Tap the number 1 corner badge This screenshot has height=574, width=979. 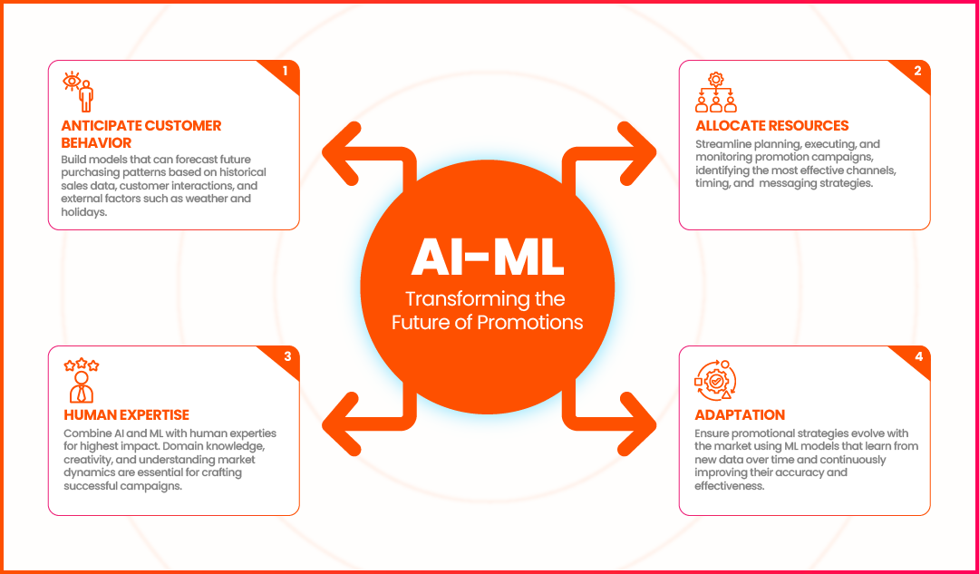click(x=284, y=73)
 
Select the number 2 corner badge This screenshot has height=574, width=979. click(x=915, y=73)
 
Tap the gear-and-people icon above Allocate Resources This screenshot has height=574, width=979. click(x=715, y=92)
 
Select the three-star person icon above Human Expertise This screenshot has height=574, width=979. click(x=82, y=380)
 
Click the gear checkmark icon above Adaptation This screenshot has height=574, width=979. click(x=715, y=380)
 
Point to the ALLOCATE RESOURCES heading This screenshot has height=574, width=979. click(x=772, y=125)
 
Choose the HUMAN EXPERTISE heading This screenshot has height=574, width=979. click(x=126, y=414)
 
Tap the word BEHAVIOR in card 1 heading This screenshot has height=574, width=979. click(x=96, y=143)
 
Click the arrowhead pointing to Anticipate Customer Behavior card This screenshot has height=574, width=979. click(x=340, y=152)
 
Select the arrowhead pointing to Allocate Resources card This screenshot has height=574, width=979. click(x=637, y=152)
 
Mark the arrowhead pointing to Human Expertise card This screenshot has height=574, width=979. click(x=340, y=423)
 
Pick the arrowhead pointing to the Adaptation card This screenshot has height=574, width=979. click(x=637, y=423)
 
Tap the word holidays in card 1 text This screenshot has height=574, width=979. click(x=83, y=212)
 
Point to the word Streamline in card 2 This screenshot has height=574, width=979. click(x=722, y=144)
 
